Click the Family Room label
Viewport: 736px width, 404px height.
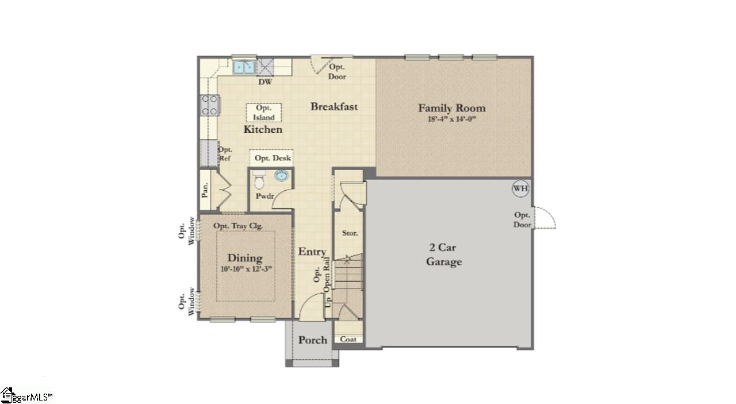[x=451, y=108]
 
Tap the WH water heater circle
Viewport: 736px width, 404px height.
[x=520, y=188]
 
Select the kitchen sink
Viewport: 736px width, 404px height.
[x=244, y=67]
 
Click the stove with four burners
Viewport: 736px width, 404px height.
[x=209, y=105]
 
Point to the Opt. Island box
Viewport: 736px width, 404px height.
[x=264, y=113]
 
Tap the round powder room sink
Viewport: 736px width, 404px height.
[x=282, y=176]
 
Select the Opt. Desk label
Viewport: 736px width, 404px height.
[x=273, y=158]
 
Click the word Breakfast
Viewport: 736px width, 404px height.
[x=334, y=106]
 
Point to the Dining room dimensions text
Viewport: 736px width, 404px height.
[x=246, y=269]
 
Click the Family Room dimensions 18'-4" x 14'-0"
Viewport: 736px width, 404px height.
[x=452, y=120]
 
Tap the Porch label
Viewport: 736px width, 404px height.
[x=313, y=340]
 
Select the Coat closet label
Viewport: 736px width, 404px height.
[x=348, y=339]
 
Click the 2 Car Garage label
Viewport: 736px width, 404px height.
[x=444, y=255]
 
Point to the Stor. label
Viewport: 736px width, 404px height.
[x=350, y=233]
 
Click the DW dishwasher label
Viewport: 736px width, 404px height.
[x=264, y=82]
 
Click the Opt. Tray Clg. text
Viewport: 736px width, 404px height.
[x=238, y=226]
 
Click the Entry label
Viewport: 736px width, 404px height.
[x=312, y=252]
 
